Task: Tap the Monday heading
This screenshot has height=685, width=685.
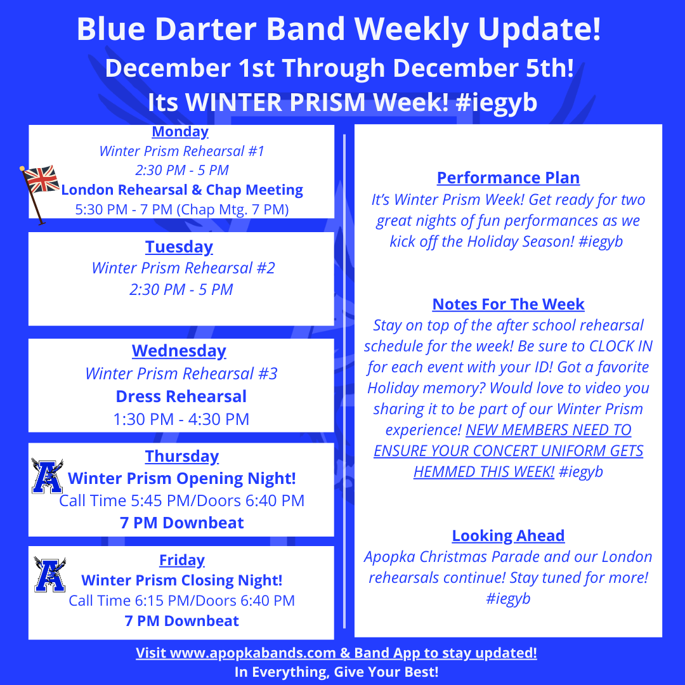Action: [180, 131]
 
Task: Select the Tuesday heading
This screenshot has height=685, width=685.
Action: [179, 247]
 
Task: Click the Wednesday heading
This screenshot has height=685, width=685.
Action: [179, 351]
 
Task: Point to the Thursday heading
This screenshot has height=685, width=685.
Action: [182, 456]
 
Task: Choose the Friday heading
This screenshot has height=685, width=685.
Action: [182, 559]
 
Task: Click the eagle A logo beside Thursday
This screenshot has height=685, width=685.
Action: [47, 476]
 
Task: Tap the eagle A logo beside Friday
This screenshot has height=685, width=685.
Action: [50, 575]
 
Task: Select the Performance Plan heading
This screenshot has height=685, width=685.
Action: [509, 178]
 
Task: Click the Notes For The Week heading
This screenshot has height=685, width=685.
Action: [509, 304]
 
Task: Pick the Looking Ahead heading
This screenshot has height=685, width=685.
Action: [509, 535]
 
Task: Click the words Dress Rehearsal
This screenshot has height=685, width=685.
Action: [181, 396]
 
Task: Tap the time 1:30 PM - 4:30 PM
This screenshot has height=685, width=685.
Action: [181, 419]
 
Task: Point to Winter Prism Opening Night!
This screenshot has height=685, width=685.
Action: [182, 478]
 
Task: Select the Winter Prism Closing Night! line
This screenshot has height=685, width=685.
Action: [182, 580]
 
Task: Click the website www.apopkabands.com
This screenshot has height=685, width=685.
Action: [252, 653]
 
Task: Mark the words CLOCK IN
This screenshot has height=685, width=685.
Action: [621, 346]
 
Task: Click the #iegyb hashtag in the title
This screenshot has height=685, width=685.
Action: [496, 103]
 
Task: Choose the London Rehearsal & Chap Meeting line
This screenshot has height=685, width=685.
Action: [182, 190]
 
